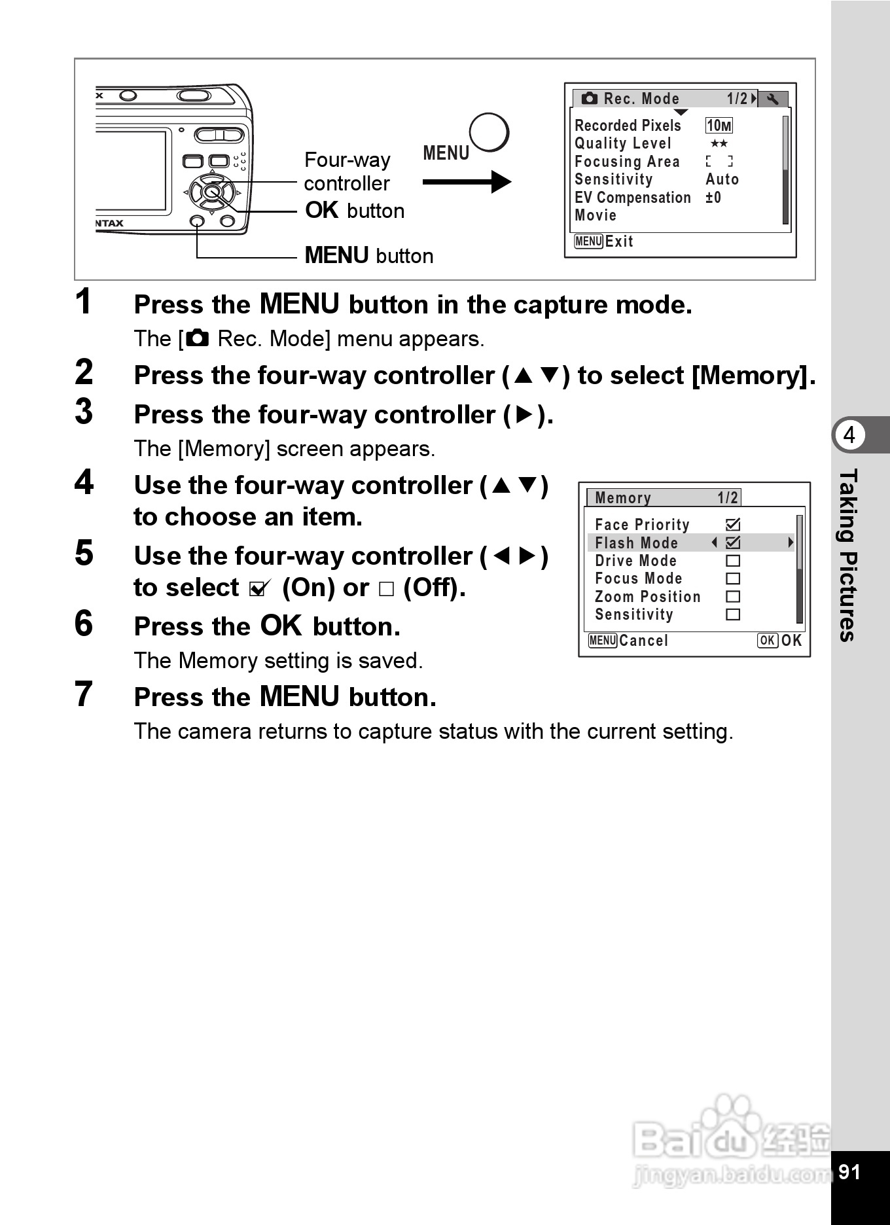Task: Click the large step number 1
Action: [x=83, y=302]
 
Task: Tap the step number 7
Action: [x=84, y=694]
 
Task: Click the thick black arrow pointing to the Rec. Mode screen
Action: [x=466, y=182]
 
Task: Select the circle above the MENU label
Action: [x=489, y=133]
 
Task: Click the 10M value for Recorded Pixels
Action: [x=719, y=126]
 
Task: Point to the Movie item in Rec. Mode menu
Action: [x=595, y=215]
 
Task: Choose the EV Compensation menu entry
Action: [x=632, y=198]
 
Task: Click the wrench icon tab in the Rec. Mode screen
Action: [x=773, y=99]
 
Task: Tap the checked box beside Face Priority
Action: [x=733, y=524]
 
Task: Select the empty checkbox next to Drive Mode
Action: [x=733, y=561]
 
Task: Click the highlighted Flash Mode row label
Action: [x=636, y=542]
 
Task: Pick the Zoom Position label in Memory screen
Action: [x=647, y=597]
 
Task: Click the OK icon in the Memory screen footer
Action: [x=767, y=641]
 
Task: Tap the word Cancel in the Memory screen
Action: [x=643, y=641]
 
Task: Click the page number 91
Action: [x=849, y=1172]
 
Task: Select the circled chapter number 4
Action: [x=849, y=435]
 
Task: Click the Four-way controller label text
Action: [x=347, y=171]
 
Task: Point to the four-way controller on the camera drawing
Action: [x=211, y=192]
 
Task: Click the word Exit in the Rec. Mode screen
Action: [x=619, y=241]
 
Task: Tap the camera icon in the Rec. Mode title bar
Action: [x=589, y=99]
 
